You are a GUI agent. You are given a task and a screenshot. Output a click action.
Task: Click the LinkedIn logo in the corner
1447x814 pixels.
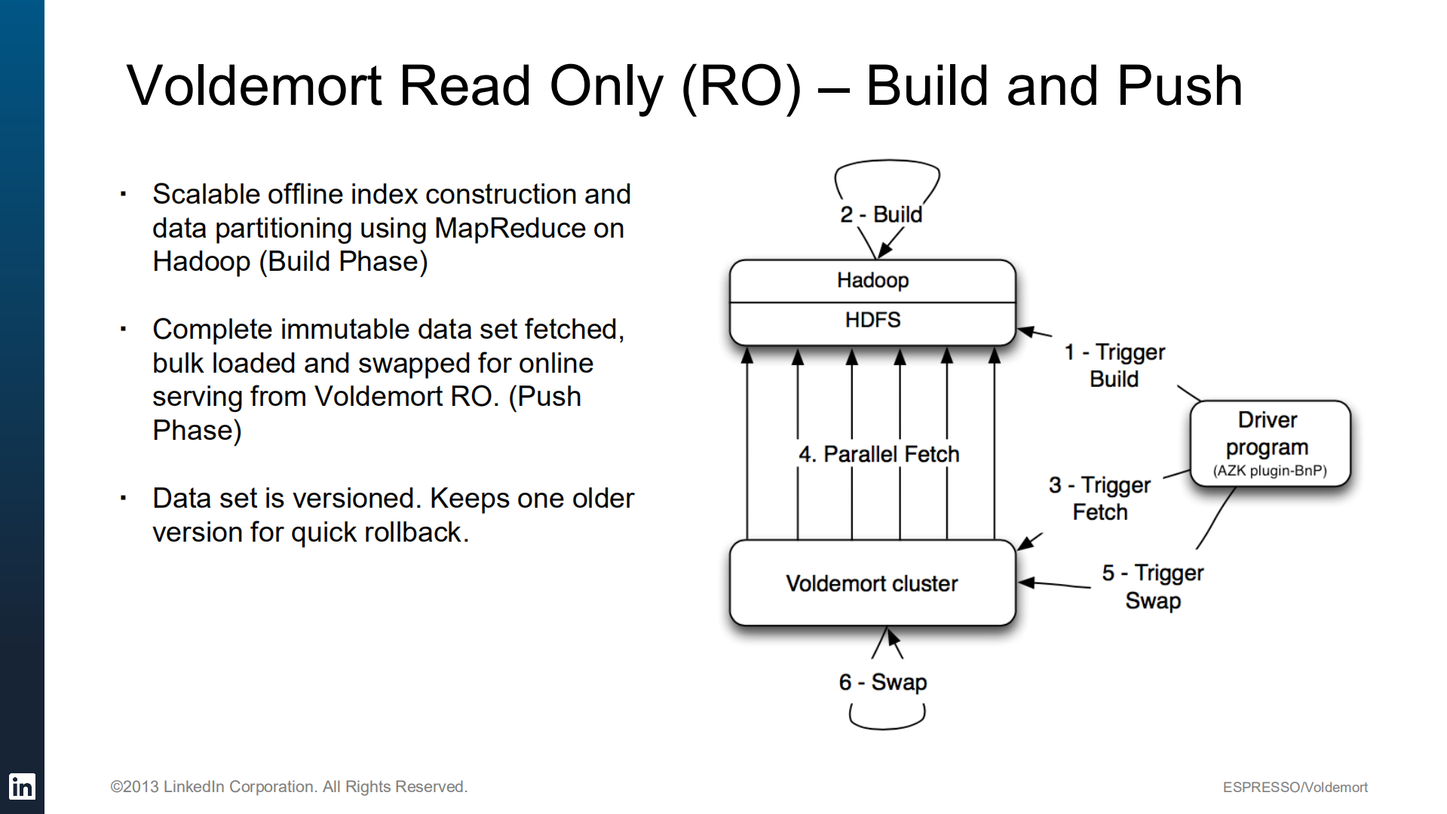[22, 787]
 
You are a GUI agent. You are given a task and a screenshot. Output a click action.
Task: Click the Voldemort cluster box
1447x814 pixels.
[872, 583]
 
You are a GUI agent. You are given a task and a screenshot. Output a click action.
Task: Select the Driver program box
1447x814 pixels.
[1270, 443]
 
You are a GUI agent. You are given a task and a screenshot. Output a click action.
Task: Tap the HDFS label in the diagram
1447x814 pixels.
[872, 321]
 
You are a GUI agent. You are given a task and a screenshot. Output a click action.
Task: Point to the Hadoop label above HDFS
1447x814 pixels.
[872, 281]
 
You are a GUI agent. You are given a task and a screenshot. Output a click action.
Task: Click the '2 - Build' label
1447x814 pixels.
[881, 215]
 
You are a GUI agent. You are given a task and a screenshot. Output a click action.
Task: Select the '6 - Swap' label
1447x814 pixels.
[882, 682]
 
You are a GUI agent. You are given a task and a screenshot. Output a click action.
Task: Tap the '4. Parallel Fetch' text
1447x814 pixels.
[878, 454]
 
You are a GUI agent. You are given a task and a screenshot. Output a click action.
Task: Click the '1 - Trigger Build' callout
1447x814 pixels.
[1114, 366]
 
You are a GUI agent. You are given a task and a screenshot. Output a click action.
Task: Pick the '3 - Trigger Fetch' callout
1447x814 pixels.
[1100, 499]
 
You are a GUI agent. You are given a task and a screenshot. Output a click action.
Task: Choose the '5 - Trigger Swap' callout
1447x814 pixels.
[1152, 587]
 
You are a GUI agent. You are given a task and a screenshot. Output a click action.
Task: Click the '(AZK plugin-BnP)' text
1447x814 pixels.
[1269, 472]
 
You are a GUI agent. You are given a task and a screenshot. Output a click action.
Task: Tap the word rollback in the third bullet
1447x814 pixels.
[412, 533]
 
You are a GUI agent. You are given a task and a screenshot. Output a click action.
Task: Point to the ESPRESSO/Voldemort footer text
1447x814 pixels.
[1295, 788]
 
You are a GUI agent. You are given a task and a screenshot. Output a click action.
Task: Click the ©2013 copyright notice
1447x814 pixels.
[289, 787]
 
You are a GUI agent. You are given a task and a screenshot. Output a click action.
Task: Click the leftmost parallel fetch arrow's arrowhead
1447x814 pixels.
[747, 355]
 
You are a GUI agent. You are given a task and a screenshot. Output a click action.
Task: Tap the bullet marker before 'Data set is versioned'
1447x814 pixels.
[123, 498]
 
